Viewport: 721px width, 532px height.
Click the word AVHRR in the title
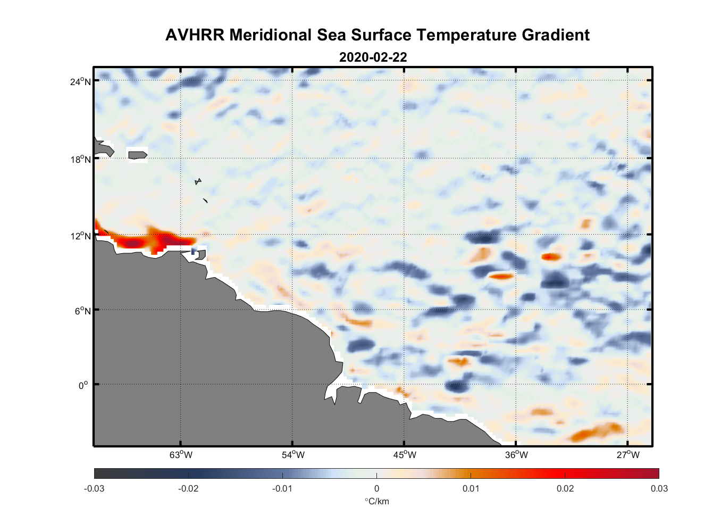pyautogui.click(x=195, y=35)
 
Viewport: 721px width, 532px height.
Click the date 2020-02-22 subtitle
pyautogui.click(x=373, y=57)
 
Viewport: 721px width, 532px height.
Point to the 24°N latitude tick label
pyautogui.click(x=80, y=82)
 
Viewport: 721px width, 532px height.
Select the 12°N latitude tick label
pyautogui.click(x=80, y=236)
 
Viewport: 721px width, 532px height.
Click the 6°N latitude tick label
pyautogui.click(x=82, y=311)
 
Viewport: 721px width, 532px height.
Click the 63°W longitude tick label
pyautogui.click(x=181, y=455)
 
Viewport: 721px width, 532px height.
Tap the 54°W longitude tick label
pyautogui.click(x=293, y=455)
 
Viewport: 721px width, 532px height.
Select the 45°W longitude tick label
pyautogui.click(x=405, y=455)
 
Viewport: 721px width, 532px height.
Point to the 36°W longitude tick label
pyautogui.click(x=516, y=455)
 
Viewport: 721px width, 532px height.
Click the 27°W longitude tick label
pyautogui.click(x=628, y=455)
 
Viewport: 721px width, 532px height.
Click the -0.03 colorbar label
pyautogui.click(x=94, y=489)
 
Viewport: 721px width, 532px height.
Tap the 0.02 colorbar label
pyautogui.click(x=565, y=489)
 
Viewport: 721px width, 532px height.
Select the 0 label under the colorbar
pyautogui.click(x=376, y=489)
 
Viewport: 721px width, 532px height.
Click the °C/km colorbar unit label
pyautogui.click(x=376, y=501)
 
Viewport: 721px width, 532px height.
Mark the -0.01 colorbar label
pyautogui.click(x=282, y=489)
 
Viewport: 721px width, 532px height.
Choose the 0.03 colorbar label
pyautogui.click(x=659, y=489)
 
